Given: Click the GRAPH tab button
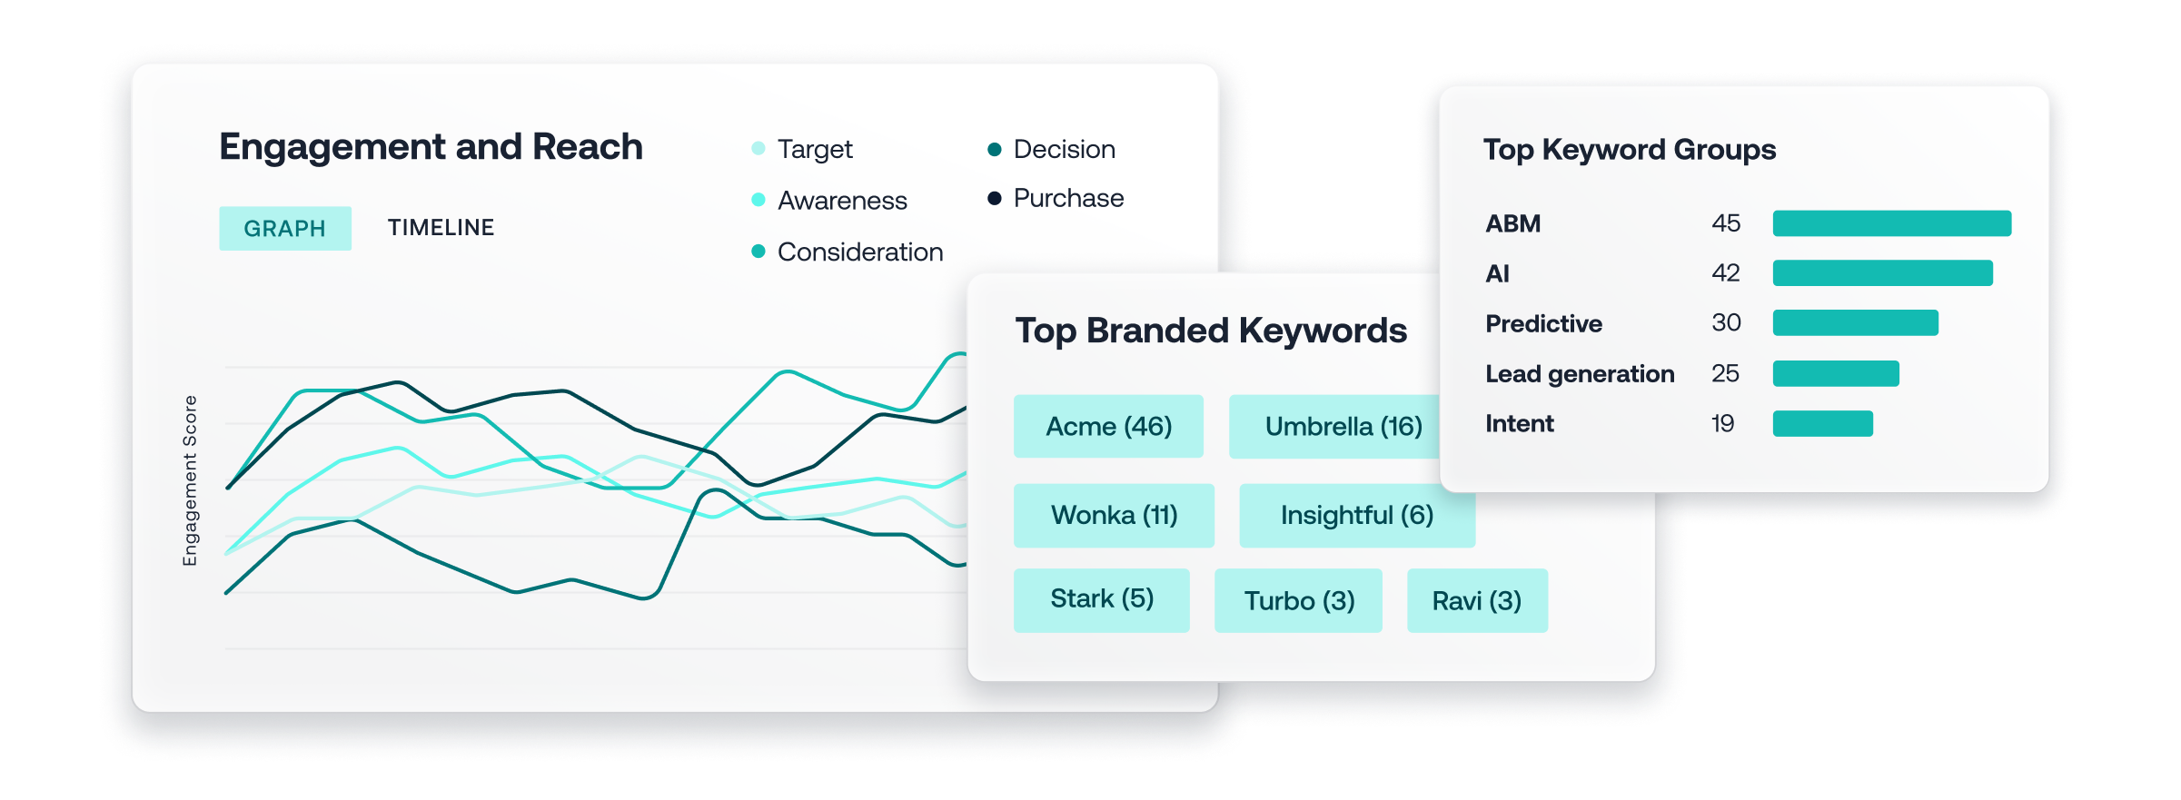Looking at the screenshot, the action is coord(285,228).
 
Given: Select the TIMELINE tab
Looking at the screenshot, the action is coord(441,227).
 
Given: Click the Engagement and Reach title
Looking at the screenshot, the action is coord(431,147).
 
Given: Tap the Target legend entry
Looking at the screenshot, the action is coord(802,149).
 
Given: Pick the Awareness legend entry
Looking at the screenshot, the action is coord(829,200).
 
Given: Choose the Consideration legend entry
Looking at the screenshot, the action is coord(848,252).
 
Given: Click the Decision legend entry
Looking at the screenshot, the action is coord(1051,149).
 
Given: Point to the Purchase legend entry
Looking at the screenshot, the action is coord(1056,198).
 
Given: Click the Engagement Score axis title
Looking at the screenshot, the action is coord(190,481).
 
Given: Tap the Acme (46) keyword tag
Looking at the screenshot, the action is coord(1108,426).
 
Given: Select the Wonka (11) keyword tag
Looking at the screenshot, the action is coord(1114,515).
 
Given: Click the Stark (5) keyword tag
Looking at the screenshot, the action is coord(1101,599).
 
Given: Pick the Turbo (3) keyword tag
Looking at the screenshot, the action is coord(1298,600).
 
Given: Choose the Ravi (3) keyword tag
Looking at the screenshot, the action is coord(1477,600).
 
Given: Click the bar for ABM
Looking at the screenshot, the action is coord(1892,223).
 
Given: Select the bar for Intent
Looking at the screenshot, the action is coord(1823,423).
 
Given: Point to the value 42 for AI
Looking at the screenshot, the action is coord(1726,273).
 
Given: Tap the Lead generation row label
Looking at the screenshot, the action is coord(1580,374).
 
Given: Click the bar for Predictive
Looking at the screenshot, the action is coord(1856,322).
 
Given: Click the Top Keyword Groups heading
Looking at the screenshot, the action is coord(1630,150).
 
